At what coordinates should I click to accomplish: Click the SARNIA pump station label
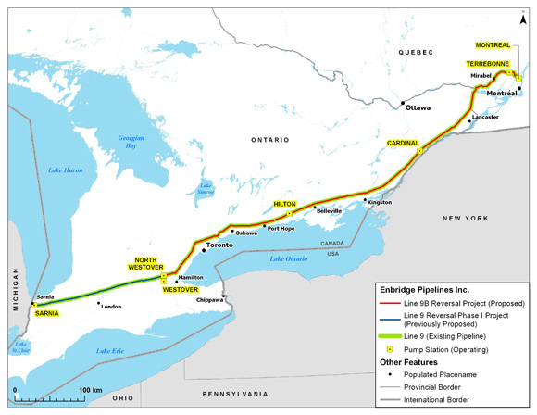tap(47, 314)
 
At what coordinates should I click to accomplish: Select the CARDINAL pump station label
tap(404, 143)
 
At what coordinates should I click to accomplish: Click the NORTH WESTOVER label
tap(146, 264)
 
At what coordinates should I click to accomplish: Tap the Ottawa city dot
tap(403, 102)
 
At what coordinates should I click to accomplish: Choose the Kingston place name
tap(380, 201)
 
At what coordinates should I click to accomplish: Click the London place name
tap(111, 307)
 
